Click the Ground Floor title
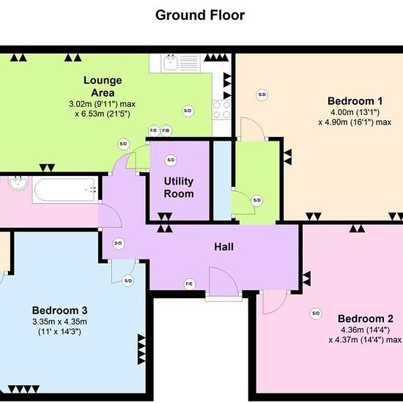(200, 15)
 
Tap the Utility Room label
(179, 188)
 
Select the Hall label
(224, 247)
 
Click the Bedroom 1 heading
(355, 101)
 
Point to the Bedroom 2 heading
(365, 319)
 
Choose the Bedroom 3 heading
(59, 310)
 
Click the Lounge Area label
(103, 86)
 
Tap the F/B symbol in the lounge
(166, 131)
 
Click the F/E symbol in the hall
(190, 284)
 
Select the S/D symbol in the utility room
(171, 160)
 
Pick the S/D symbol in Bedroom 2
(316, 314)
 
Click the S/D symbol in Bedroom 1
(262, 95)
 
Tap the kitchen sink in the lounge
(170, 62)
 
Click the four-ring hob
(221, 110)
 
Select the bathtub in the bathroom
(66, 191)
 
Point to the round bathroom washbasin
(18, 183)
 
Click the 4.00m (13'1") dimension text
(355, 112)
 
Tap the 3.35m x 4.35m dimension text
(59, 322)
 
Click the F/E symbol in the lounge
(154, 131)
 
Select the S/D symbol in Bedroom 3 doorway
(128, 281)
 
